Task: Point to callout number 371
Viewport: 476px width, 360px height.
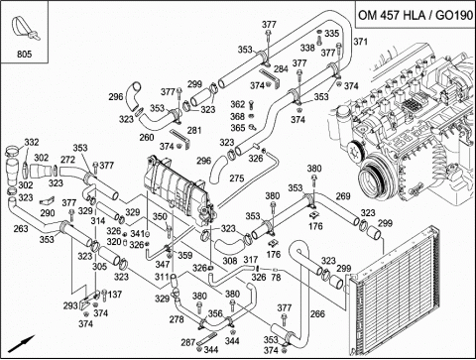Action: (x=360, y=42)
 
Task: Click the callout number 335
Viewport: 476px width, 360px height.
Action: (x=331, y=34)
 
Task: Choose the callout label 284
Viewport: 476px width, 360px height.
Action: (x=281, y=69)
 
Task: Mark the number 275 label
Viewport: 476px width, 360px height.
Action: (x=264, y=179)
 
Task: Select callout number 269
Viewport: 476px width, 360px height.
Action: (x=343, y=197)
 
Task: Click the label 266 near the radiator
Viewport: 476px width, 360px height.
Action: (x=317, y=314)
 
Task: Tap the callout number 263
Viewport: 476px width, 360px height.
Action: (x=19, y=229)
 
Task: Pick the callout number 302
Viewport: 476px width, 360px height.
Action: (x=41, y=158)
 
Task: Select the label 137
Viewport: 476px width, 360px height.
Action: (x=115, y=295)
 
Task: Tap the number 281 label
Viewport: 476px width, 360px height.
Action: (x=194, y=130)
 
